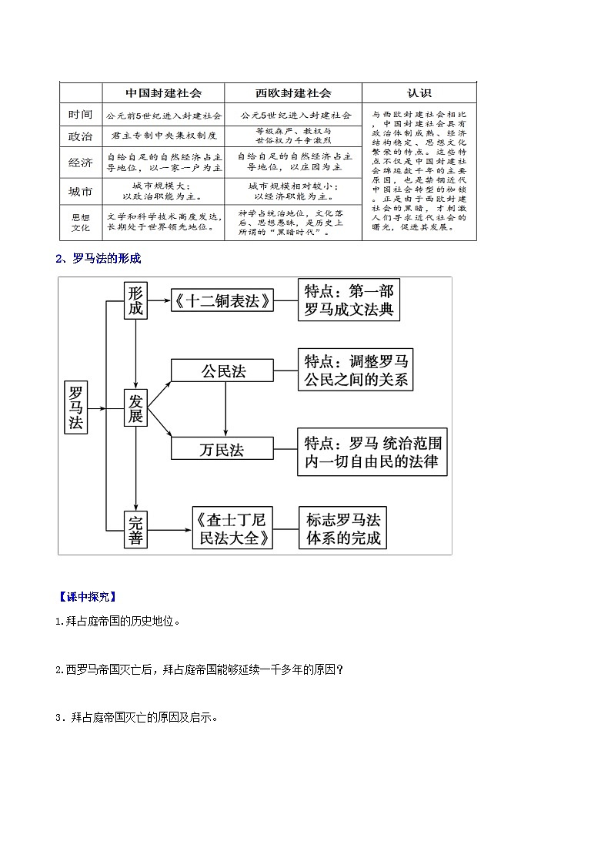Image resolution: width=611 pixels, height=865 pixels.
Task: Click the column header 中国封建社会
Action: click(x=163, y=92)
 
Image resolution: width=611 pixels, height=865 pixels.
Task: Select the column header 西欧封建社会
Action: click(x=293, y=92)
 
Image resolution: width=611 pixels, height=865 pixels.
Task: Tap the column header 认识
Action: click(x=419, y=92)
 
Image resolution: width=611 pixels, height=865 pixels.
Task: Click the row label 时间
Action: click(x=80, y=115)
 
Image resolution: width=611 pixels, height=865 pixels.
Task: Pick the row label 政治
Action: click(x=80, y=136)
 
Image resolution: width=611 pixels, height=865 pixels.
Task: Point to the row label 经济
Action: click(x=80, y=163)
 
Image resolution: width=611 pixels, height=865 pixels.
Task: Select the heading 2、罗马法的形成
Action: click(x=98, y=259)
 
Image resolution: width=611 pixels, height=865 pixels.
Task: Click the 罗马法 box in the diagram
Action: click(x=76, y=406)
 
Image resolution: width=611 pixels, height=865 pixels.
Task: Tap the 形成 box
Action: click(x=135, y=300)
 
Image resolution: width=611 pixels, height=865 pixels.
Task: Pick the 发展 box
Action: click(x=135, y=409)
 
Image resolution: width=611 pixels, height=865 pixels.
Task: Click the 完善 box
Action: click(x=135, y=528)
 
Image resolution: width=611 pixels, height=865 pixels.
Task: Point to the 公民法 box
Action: click(x=223, y=370)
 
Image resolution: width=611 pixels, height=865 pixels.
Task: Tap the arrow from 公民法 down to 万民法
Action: click(x=225, y=408)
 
